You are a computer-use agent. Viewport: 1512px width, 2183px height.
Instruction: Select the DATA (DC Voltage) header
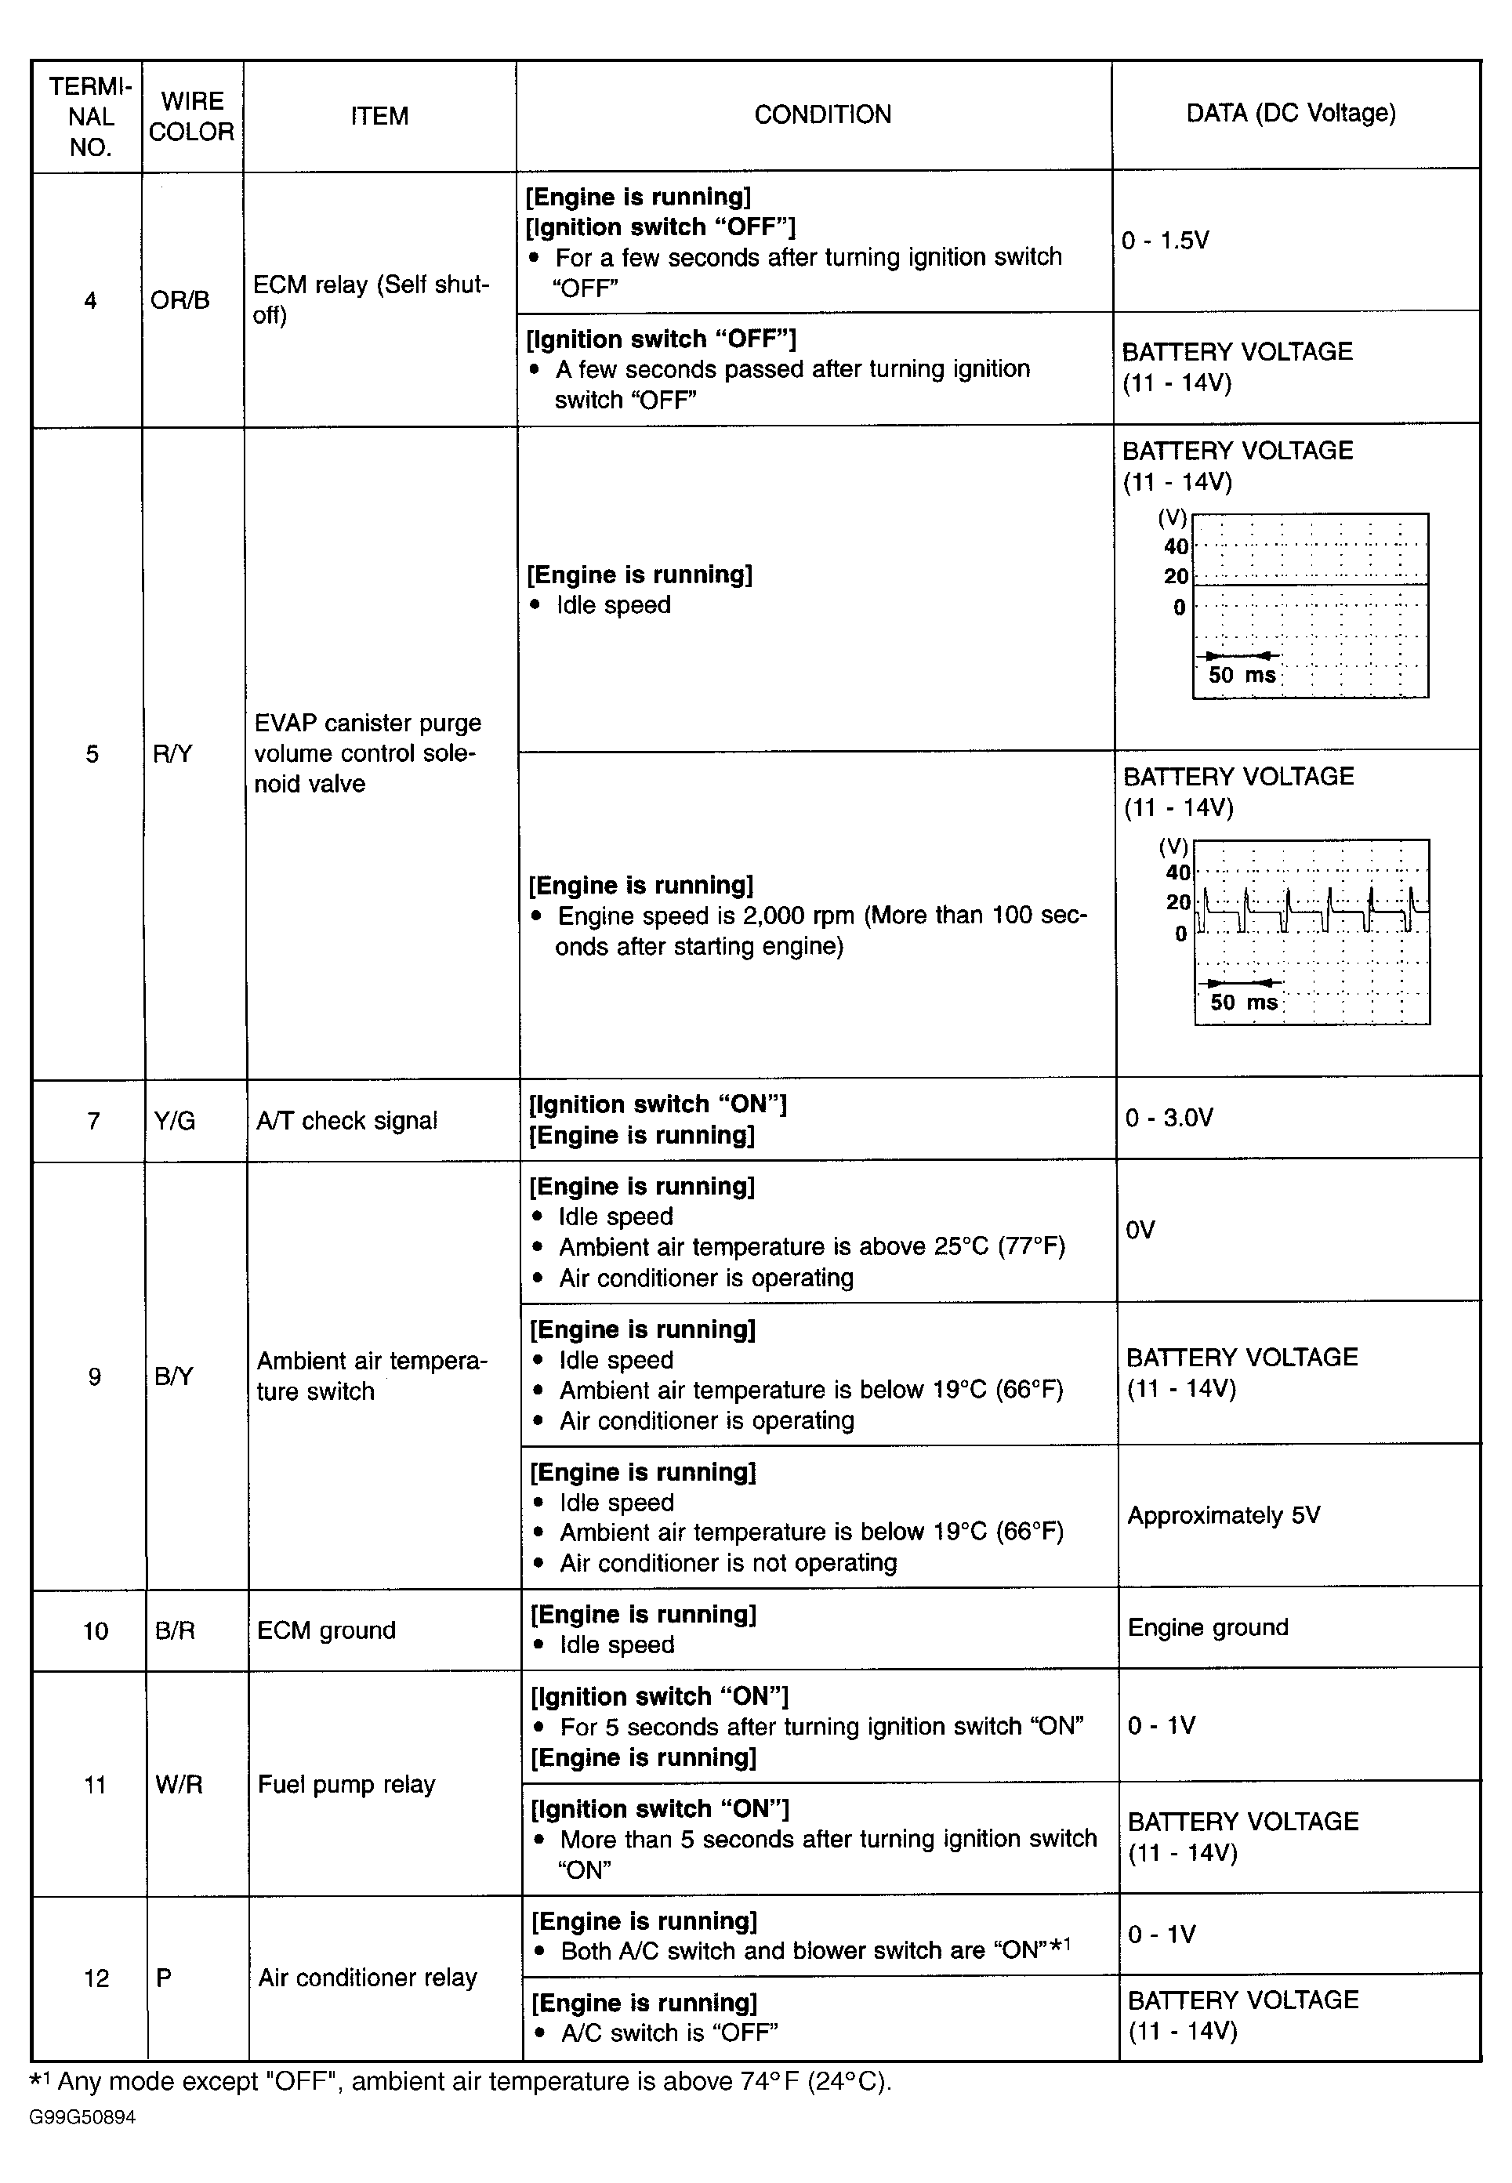coord(1290,113)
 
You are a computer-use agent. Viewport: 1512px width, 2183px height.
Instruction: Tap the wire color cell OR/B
coord(180,300)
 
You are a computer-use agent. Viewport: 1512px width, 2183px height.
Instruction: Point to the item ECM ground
coord(326,1630)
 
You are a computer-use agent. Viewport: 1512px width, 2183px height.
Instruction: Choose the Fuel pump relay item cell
coord(346,1785)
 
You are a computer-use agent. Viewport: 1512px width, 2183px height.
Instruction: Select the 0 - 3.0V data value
coord(1168,1118)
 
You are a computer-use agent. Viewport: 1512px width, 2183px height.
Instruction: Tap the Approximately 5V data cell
coord(1223,1515)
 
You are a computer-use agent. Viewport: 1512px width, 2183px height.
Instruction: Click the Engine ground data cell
coord(1208,1628)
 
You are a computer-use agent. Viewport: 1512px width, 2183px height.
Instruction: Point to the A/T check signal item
coord(346,1121)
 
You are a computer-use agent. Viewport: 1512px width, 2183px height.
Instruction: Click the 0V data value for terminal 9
coord(1140,1230)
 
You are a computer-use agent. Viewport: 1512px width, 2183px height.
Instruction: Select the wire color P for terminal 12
coord(164,1978)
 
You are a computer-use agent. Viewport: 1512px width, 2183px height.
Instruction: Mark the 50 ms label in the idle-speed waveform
coord(1242,676)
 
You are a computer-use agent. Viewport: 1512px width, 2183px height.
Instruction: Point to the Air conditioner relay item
coord(368,1978)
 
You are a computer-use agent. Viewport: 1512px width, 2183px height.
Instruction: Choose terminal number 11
coord(95,1785)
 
